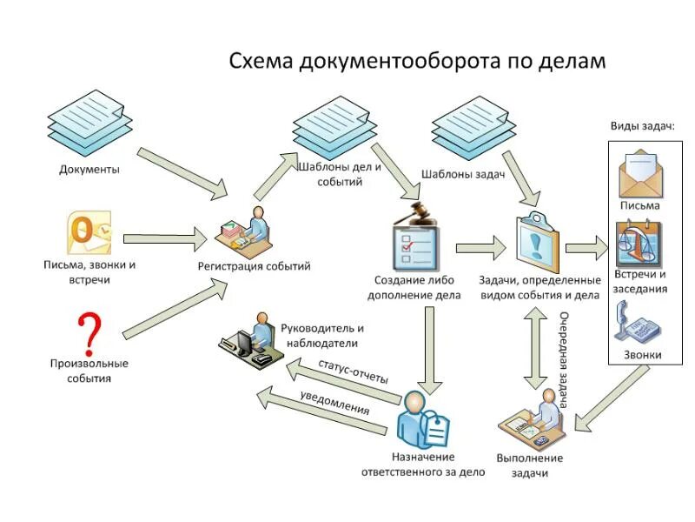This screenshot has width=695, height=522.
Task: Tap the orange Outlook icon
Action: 89,232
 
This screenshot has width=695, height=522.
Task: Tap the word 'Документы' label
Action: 89,170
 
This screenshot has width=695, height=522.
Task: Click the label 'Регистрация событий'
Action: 254,266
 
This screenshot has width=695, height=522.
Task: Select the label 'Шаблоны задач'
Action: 463,174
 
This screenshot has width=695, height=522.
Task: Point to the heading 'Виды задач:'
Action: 642,126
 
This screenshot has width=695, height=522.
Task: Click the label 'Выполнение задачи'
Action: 530,465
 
